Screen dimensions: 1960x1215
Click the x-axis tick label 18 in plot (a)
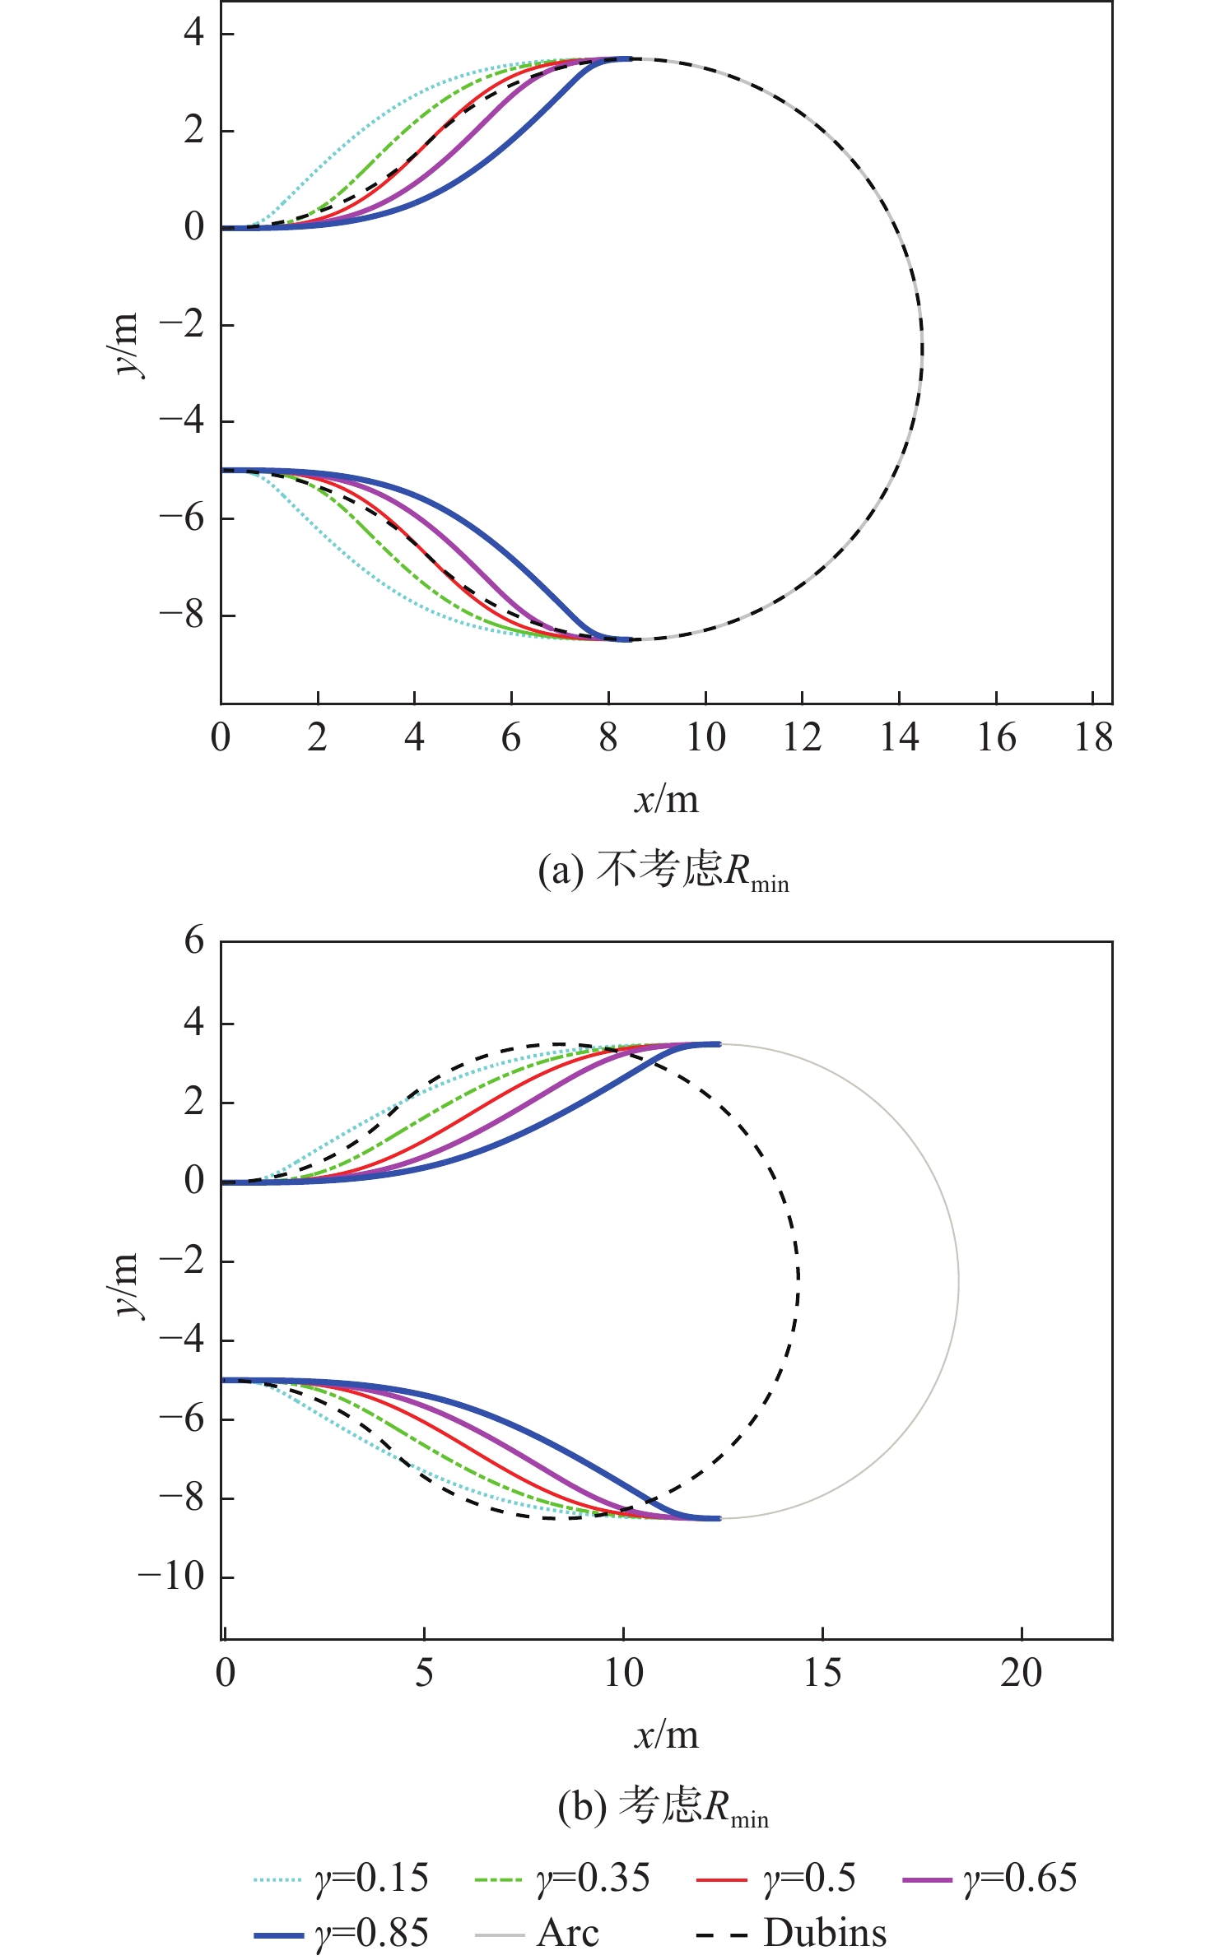[x=1093, y=737]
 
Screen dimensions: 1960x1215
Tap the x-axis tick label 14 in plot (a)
[x=899, y=737]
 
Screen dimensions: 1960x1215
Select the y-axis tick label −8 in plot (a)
[x=182, y=615]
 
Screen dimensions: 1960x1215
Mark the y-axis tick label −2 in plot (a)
[x=182, y=324]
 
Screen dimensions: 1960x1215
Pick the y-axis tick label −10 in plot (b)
[x=171, y=1577]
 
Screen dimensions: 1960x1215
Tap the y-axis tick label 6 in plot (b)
[x=194, y=941]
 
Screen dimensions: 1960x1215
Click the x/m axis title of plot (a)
[x=666, y=800]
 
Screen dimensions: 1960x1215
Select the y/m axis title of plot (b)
[x=124, y=1285]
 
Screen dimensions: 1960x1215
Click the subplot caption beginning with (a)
[x=663, y=871]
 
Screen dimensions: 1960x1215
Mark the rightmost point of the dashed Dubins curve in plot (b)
[x=798, y=1277]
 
